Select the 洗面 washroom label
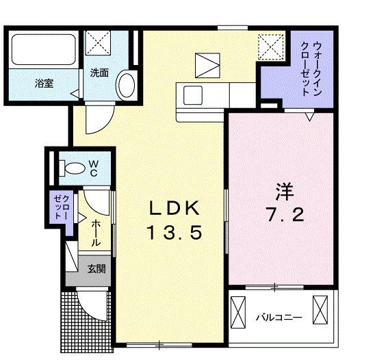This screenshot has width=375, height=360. (99, 73)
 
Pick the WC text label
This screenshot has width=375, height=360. (93, 168)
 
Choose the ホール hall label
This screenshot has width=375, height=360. (96, 231)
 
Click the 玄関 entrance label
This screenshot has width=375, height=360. (95, 268)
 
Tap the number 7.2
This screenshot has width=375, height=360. (281, 214)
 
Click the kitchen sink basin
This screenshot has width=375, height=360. (190, 94)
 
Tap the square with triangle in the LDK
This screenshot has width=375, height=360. (205, 66)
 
